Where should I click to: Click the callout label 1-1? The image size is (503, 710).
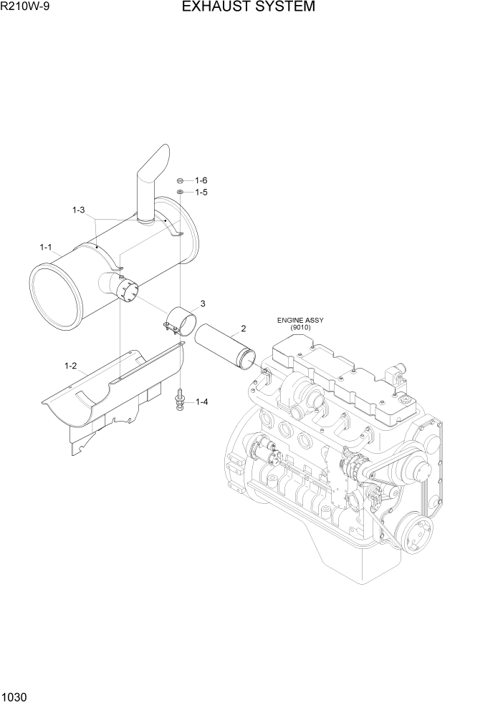(47, 248)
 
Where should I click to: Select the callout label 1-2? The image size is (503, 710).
(70, 366)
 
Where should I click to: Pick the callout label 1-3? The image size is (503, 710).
(79, 210)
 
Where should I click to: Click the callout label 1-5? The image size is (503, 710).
(201, 193)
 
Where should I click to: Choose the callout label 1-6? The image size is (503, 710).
(201, 180)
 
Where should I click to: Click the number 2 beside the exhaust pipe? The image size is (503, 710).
(244, 329)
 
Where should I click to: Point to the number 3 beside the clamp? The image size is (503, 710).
(203, 303)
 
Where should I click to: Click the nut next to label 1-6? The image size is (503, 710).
(182, 180)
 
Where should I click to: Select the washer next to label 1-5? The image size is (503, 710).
(182, 193)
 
